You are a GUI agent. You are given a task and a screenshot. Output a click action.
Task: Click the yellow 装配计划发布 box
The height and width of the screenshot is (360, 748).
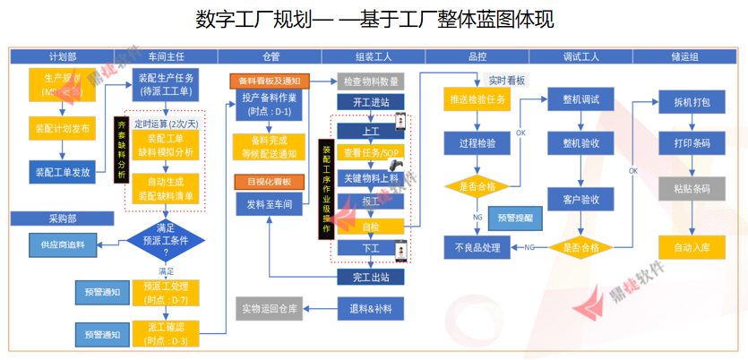(x=62, y=127)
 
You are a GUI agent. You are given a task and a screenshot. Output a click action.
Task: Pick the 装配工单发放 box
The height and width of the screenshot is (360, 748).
(x=62, y=171)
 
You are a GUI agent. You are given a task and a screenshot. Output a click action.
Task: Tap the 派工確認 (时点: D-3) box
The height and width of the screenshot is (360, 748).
(x=166, y=333)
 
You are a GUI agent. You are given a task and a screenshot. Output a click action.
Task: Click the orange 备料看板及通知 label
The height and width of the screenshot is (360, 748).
(x=270, y=81)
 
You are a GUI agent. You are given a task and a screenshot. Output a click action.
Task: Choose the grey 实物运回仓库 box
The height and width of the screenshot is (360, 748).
(x=270, y=309)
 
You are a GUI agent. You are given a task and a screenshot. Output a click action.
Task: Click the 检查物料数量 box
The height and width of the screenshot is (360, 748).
(x=371, y=81)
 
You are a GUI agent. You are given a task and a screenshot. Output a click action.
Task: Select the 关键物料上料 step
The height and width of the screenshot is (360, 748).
(x=371, y=177)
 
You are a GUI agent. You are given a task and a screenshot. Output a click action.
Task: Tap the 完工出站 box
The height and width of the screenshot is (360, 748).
(x=371, y=278)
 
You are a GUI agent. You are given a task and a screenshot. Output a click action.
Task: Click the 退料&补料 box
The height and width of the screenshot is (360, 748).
(x=371, y=309)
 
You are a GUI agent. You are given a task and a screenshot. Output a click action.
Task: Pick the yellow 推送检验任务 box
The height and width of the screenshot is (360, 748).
(x=477, y=99)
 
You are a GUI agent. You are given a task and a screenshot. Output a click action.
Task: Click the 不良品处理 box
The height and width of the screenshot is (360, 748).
(x=477, y=247)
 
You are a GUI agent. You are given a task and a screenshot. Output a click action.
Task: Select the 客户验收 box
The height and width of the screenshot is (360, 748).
(x=580, y=199)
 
